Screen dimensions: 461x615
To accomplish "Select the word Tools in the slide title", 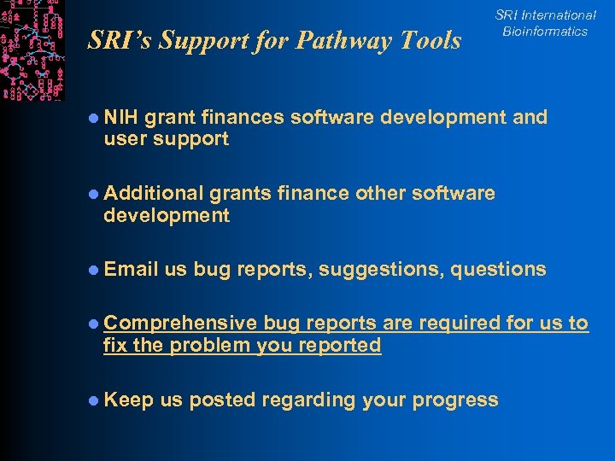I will click(x=432, y=40).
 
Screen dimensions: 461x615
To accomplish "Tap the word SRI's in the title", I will click(x=118, y=40).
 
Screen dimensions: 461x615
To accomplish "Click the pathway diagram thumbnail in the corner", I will click(x=32, y=50).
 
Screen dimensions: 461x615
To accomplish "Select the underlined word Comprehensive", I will click(x=180, y=324).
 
